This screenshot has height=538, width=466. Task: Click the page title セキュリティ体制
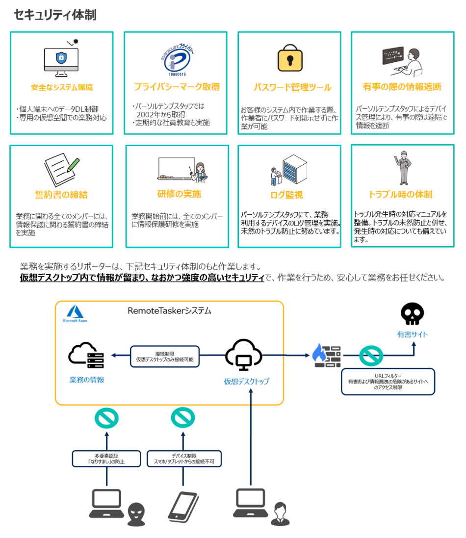click(x=55, y=15)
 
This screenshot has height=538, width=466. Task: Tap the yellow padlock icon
click(x=289, y=59)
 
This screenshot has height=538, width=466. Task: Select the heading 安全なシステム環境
click(x=62, y=88)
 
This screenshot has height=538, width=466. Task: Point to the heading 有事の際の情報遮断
click(x=402, y=87)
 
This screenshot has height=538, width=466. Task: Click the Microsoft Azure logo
click(x=74, y=314)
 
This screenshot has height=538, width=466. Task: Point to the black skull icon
click(x=412, y=314)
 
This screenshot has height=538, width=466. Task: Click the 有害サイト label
click(x=412, y=335)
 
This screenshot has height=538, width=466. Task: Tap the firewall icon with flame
click(x=326, y=354)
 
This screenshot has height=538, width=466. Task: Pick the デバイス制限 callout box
click(x=184, y=458)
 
